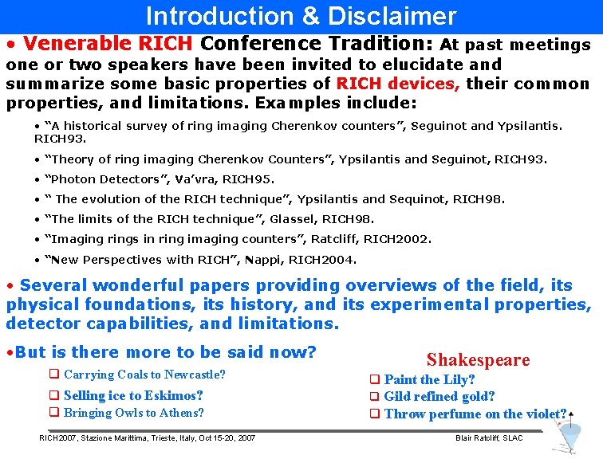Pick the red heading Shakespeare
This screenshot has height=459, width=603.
pyautogui.click(x=478, y=360)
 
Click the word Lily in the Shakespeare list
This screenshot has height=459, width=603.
pyautogui.click(x=458, y=379)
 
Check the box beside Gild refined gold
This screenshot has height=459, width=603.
pyautogui.click(x=374, y=397)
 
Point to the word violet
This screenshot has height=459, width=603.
pyautogui.click(x=544, y=414)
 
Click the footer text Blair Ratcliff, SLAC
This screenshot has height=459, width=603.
pyautogui.click(x=489, y=438)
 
